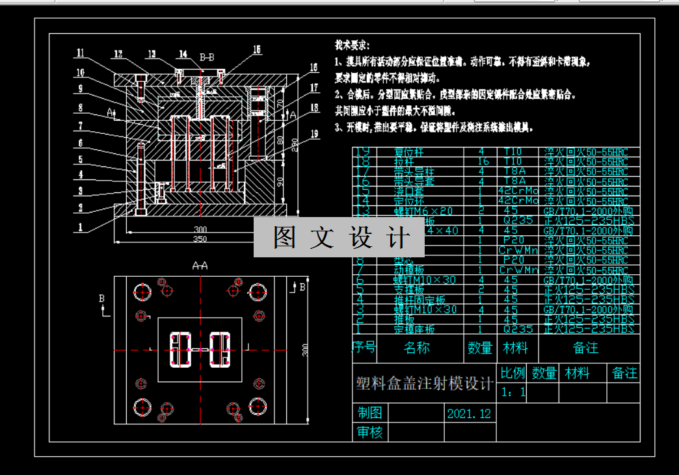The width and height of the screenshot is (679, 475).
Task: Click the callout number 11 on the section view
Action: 80,53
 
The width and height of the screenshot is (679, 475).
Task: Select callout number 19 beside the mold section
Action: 315,135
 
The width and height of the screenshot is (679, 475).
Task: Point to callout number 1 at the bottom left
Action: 80,227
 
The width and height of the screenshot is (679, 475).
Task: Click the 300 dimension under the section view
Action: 201,229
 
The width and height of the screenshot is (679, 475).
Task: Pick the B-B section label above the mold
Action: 207,57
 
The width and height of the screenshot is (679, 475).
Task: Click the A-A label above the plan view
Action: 200,266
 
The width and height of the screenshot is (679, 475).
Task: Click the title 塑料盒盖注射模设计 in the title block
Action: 424,384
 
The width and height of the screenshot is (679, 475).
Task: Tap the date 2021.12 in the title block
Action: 469,413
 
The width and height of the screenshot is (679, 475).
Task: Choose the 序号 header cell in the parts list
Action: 364,348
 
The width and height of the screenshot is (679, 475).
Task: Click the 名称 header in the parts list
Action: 417,348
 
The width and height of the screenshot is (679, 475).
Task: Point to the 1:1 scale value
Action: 514,392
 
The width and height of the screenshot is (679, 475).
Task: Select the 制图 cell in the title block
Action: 369,413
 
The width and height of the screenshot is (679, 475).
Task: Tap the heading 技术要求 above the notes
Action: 352,46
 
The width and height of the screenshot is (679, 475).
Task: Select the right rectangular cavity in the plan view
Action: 220,350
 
